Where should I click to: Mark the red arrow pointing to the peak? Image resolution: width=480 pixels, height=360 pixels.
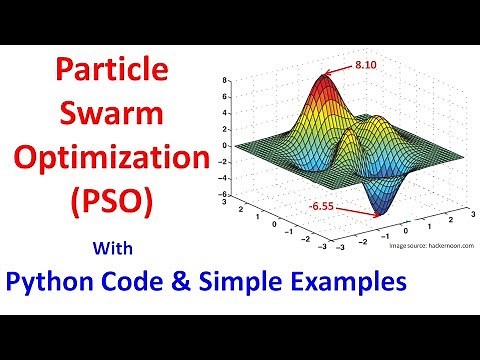pyautogui.click(x=340, y=68)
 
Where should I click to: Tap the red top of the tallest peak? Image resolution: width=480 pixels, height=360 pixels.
pyautogui.click(x=323, y=80)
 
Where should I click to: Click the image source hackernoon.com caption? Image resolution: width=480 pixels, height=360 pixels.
pyautogui.click(x=424, y=243)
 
